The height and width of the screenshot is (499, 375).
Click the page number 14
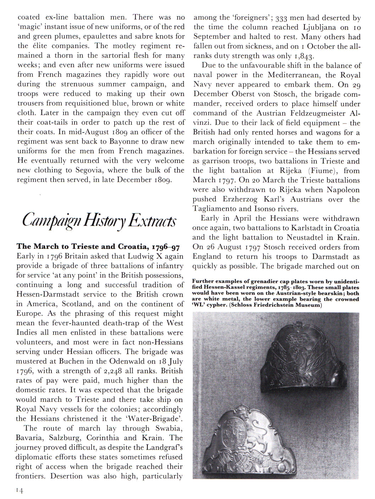[x=19, y=490]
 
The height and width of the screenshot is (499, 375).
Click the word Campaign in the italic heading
[x=52, y=220]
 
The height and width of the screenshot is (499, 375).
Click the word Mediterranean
[x=293, y=75]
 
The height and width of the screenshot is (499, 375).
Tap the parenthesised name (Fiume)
[x=321, y=171]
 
